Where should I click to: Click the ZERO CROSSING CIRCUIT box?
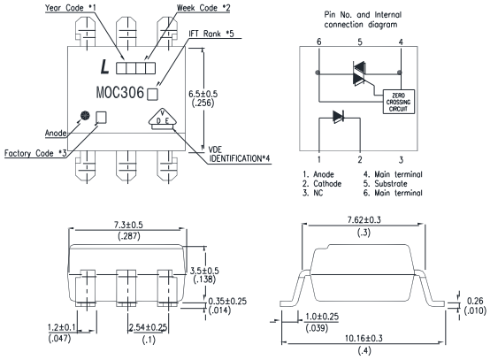point(399,102)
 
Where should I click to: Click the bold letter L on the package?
point(104,66)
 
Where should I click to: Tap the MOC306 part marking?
point(120,93)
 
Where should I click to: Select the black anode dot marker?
point(85,115)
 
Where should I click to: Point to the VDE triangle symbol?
point(163,119)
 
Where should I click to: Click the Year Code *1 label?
point(70,8)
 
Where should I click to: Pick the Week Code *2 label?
point(203,8)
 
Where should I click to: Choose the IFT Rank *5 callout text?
point(211,34)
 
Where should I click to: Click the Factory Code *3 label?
point(35,153)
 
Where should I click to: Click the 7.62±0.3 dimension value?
point(364,220)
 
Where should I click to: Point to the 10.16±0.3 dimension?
point(364,338)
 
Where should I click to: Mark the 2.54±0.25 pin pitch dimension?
point(148,327)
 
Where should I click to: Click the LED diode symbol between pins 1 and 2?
point(339,117)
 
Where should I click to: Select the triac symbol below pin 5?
point(359,73)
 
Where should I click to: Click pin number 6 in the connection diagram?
point(318,42)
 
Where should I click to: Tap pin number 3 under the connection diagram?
point(401,160)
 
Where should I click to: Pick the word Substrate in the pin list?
point(391,183)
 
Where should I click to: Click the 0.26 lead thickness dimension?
point(475,301)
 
